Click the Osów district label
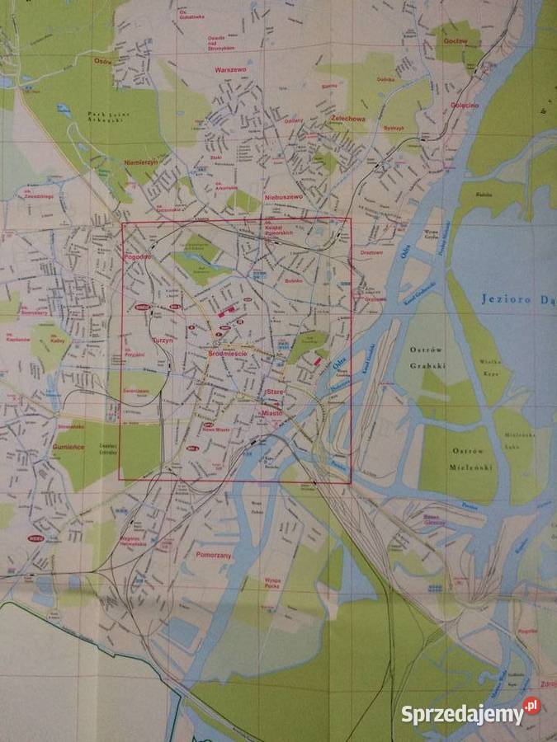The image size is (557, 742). [102, 61]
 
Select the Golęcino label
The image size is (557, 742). [465, 106]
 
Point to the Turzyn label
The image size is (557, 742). [161, 340]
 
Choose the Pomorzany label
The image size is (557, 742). [213, 555]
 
